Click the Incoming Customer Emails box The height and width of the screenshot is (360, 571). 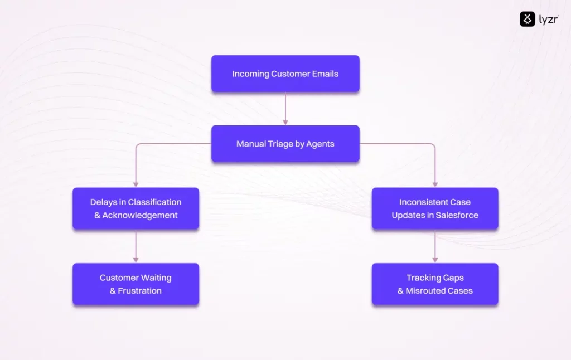[x=285, y=74]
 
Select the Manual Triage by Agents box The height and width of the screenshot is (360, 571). [x=285, y=144]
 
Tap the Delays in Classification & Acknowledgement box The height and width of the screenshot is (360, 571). [x=136, y=208]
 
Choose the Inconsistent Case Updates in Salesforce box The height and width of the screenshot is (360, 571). [x=435, y=208]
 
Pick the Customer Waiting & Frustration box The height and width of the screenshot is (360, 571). [x=136, y=284]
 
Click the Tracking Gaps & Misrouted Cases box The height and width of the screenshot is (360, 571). [x=435, y=284]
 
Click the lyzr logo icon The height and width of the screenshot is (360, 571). [x=527, y=20]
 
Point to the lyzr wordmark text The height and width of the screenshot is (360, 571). [x=548, y=20]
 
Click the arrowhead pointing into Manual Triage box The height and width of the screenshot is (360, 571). [x=285, y=121]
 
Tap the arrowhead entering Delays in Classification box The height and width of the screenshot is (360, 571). [x=136, y=184]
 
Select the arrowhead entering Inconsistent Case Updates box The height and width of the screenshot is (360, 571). [x=435, y=184]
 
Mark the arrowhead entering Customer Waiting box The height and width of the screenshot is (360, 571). [x=136, y=260]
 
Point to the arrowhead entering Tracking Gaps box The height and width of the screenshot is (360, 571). [x=435, y=260]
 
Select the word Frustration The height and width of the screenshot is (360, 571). [x=139, y=291]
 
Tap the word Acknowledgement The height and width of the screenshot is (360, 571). [x=140, y=215]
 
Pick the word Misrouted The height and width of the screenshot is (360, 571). [x=426, y=291]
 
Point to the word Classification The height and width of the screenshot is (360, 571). [x=154, y=202]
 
